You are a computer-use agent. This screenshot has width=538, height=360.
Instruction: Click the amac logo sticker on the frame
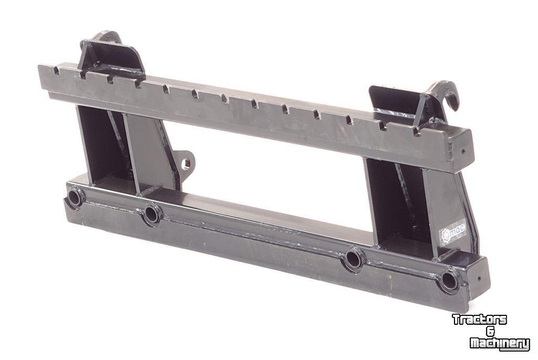453,232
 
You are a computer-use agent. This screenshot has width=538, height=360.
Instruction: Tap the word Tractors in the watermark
479,320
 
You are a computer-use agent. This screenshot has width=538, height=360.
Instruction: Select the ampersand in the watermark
491,332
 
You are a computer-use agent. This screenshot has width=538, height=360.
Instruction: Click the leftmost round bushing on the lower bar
76,198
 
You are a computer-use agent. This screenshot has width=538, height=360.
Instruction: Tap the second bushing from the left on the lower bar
152,213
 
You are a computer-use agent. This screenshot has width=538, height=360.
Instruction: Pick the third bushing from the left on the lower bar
354,259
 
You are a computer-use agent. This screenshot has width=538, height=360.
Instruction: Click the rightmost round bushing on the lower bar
450,281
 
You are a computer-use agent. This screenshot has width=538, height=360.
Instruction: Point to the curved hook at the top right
446,95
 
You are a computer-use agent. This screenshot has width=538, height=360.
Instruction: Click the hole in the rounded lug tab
185,163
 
